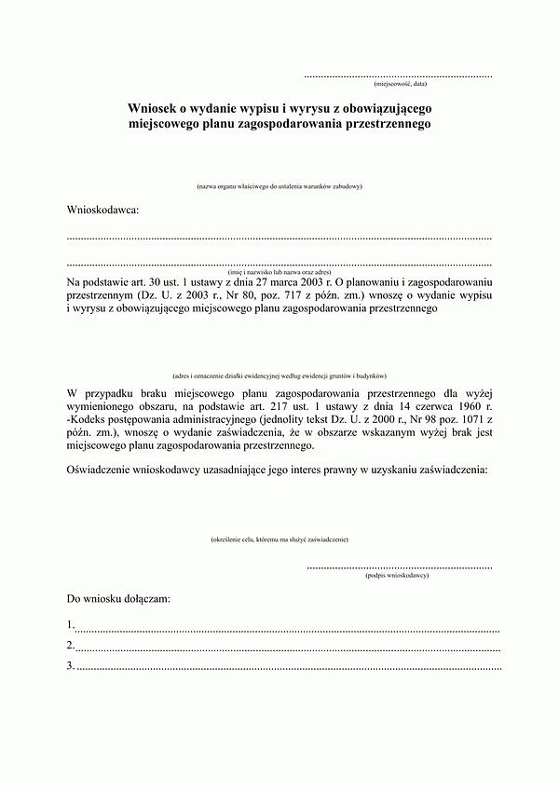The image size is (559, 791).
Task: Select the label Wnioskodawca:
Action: pos(102,210)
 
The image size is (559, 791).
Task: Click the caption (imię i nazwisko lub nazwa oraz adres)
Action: pos(279,270)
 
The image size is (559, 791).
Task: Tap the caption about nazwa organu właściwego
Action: pos(279,187)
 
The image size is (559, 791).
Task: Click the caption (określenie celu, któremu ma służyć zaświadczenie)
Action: pos(279,539)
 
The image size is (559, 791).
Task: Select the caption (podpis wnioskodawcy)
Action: pos(397,577)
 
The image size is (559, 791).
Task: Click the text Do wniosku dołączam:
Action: pos(118,597)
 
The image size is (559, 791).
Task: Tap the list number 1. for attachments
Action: pos(72,624)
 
